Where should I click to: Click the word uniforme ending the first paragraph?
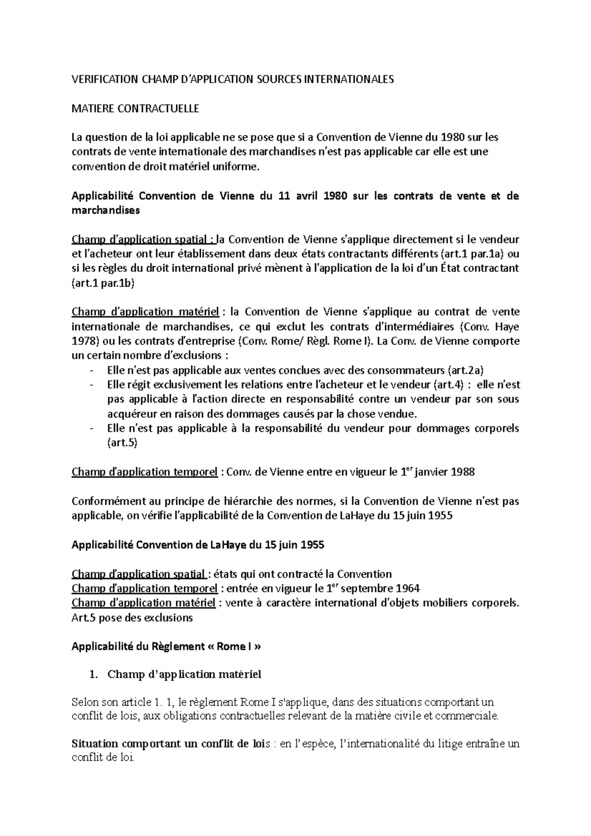238,166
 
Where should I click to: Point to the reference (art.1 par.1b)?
103,283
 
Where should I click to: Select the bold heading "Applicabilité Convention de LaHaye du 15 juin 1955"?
197,545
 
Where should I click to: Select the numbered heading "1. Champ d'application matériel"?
176,675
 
